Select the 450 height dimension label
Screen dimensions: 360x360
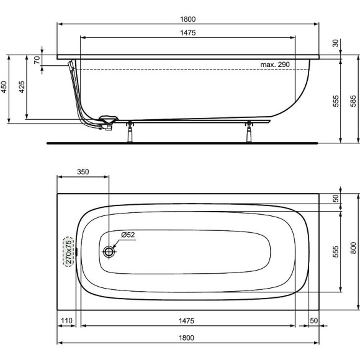4,88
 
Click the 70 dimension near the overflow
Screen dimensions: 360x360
37,60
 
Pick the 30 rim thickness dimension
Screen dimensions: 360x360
335,43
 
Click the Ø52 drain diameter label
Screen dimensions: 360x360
128,235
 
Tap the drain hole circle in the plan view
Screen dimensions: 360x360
110,251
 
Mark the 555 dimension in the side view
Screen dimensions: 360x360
335,101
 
